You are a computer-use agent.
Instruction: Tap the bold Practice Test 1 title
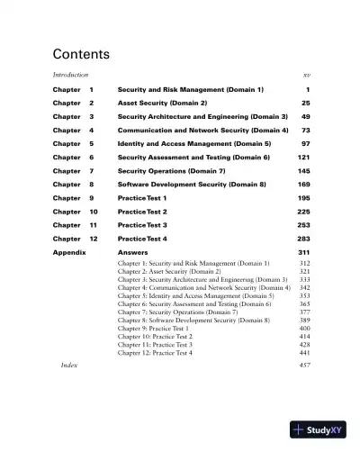pos(142,198)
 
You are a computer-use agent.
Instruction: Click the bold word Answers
pos(133,253)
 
